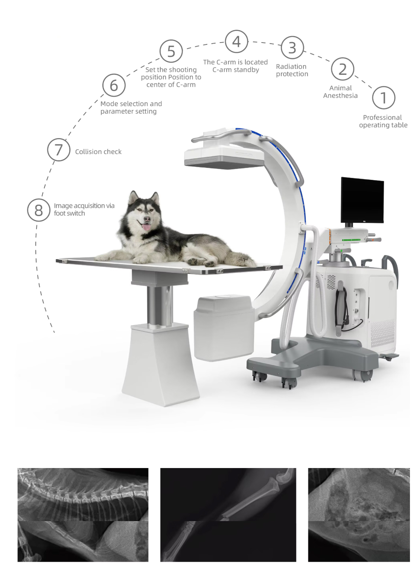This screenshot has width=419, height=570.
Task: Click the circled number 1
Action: [383, 98]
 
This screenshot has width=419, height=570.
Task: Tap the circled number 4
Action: [236, 41]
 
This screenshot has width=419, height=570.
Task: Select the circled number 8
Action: [39, 210]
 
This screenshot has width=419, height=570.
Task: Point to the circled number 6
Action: [114, 85]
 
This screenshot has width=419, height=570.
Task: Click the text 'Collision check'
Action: [98, 152]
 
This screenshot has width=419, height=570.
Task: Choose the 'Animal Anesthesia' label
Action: [340, 92]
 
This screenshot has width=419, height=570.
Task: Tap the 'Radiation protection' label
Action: [292, 70]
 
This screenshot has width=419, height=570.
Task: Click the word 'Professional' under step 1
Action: [382, 117]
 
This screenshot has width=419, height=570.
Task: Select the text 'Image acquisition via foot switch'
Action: [84, 210]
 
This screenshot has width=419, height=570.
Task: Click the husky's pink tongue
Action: [146, 227]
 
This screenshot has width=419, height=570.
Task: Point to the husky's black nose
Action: [147, 219]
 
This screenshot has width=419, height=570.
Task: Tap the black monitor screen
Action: [362, 200]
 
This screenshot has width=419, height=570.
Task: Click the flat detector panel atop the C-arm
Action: [224, 157]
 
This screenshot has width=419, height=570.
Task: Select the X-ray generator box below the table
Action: [224, 328]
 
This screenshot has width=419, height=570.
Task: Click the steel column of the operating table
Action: [160, 305]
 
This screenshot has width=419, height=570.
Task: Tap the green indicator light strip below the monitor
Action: [351, 240]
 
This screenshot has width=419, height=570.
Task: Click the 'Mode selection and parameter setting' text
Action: [131, 108]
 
